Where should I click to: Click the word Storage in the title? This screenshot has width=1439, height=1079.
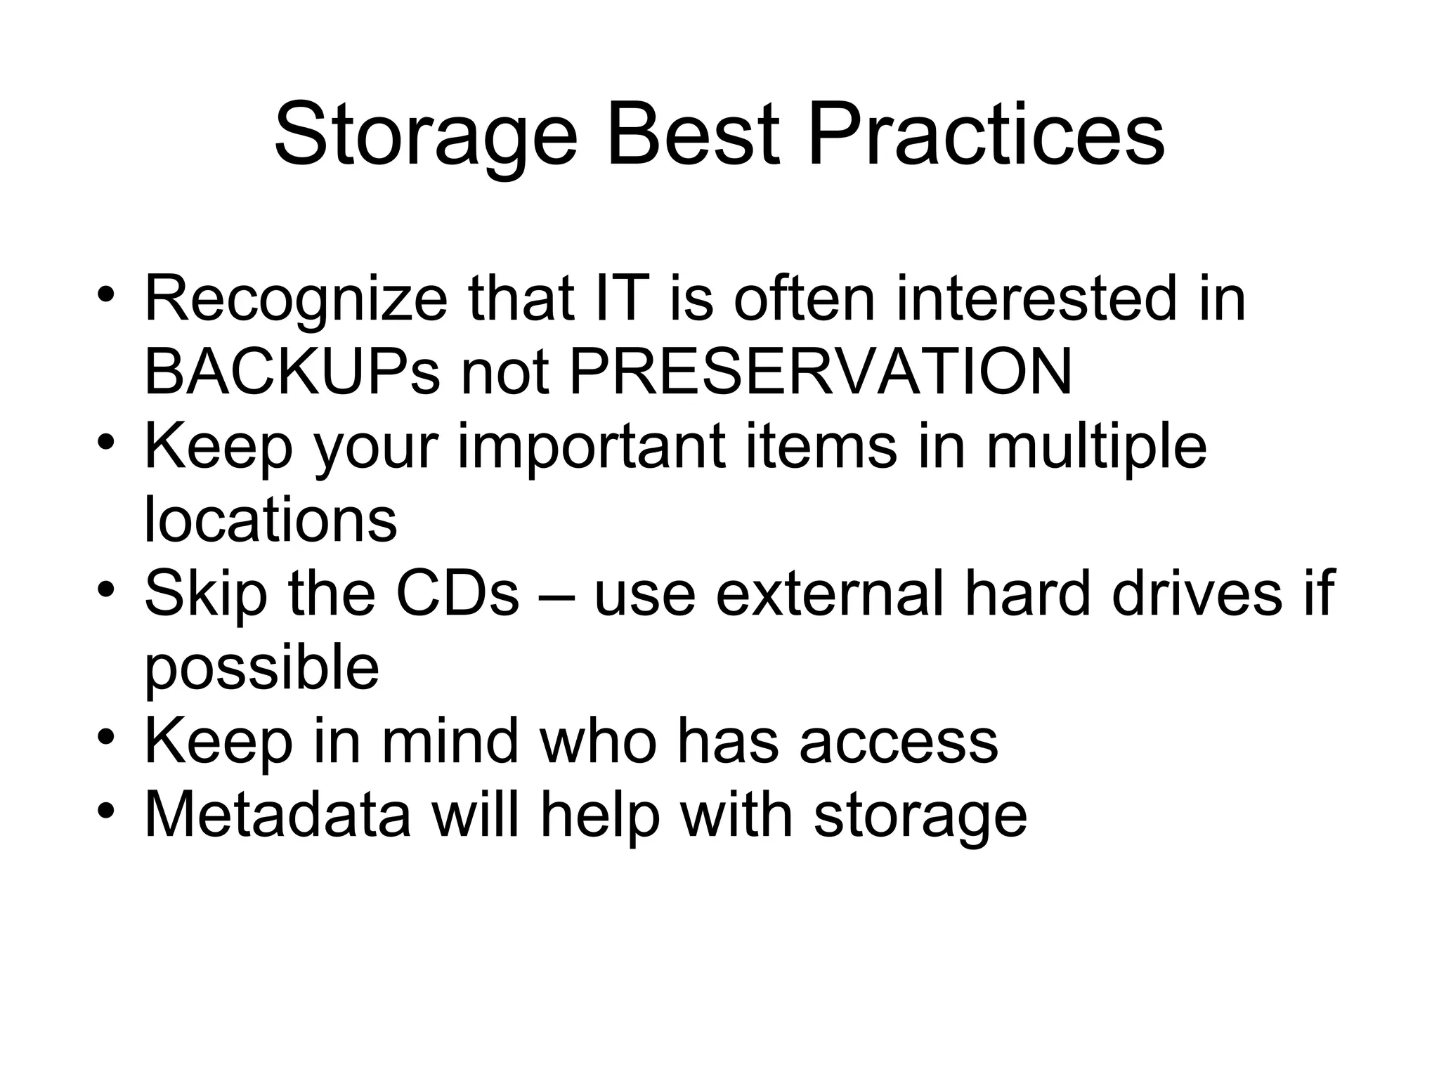(x=425, y=135)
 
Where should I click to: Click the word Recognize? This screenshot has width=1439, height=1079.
(x=296, y=299)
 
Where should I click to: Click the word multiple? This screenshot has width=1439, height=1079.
(x=1096, y=448)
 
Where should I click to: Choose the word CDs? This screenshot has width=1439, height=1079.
(x=457, y=594)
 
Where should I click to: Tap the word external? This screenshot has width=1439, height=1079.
(x=830, y=594)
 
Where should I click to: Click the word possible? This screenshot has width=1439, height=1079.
(x=261, y=669)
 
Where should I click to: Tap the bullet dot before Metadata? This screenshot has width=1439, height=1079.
(x=106, y=811)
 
